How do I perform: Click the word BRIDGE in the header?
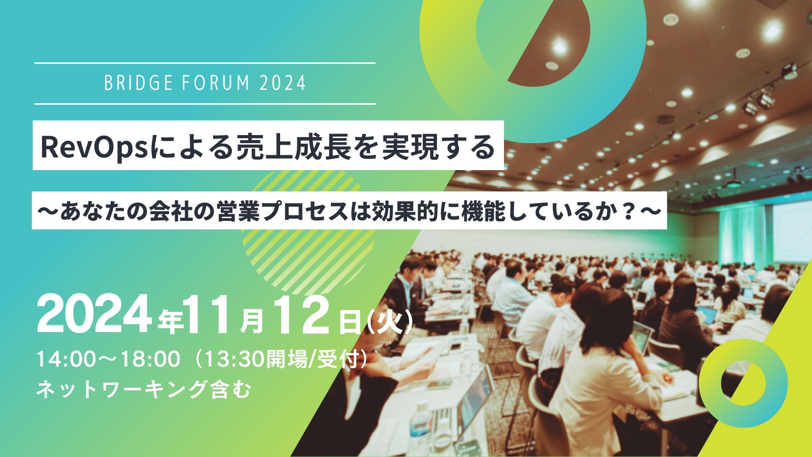pyautogui.click(x=138, y=83)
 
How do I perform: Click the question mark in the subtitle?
pyautogui.click(x=629, y=211)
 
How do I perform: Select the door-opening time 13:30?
pyautogui.click(x=235, y=359)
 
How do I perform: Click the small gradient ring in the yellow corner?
pyautogui.click(x=743, y=383)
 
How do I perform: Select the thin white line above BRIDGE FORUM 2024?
pyautogui.click(x=205, y=63)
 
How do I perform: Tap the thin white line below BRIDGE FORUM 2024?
pyautogui.click(x=205, y=104)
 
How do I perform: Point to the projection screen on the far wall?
pyautogui.click(x=792, y=232)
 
